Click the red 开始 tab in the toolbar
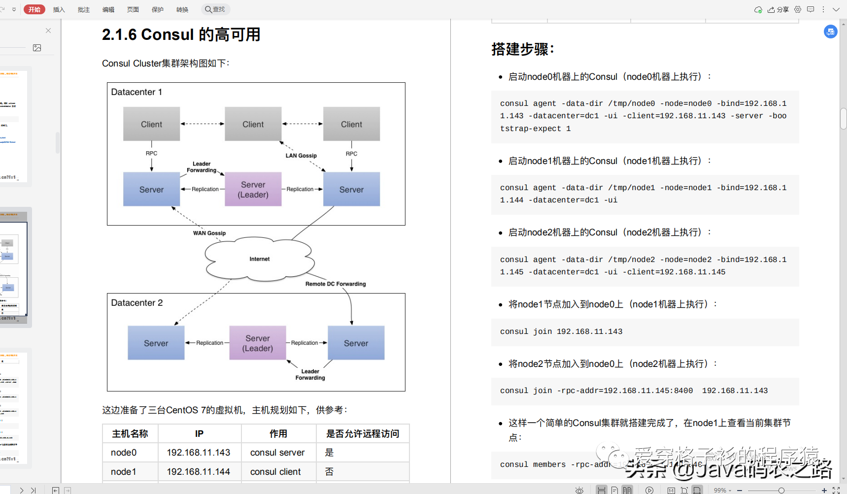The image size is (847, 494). click(x=34, y=9)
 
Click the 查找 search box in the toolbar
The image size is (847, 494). click(x=216, y=9)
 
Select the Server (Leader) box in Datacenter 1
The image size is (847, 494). click(x=253, y=190)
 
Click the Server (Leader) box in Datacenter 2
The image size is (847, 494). click(x=257, y=343)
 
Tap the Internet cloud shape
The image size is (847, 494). click(x=259, y=259)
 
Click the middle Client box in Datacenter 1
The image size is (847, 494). click(x=253, y=124)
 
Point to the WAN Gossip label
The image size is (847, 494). click(x=209, y=233)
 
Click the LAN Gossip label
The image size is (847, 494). click(x=301, y=156)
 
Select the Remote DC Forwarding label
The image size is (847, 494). click(x=336, y=284)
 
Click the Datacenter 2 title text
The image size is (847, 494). click(x=137, y=303)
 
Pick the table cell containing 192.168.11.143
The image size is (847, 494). click(x=199, y=452)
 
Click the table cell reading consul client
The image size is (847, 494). click(x=275, y=471)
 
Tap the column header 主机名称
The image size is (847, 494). click(x=130, y=433)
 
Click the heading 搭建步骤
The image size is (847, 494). click(x=523, y=49)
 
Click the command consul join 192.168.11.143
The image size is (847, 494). click(x=561, y=331)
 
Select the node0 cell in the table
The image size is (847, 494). click(x=124, y=452)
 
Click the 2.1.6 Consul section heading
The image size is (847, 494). click(x=181, y=34)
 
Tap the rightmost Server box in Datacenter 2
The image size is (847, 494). click(x=356, y=343)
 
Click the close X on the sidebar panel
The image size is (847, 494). click(x=48, y=31)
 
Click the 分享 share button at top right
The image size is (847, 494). click(x=779, y=9)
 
